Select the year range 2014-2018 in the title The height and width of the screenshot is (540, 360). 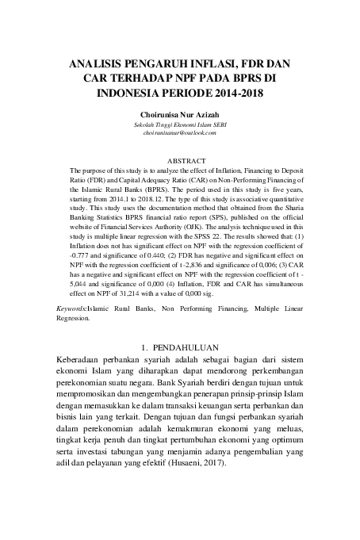point(230,93)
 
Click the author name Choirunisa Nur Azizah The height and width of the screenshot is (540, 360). point(180,116)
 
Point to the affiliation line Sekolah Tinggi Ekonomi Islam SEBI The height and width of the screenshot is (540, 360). point(180,125)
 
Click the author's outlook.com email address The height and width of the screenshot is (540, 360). point(180,134)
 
